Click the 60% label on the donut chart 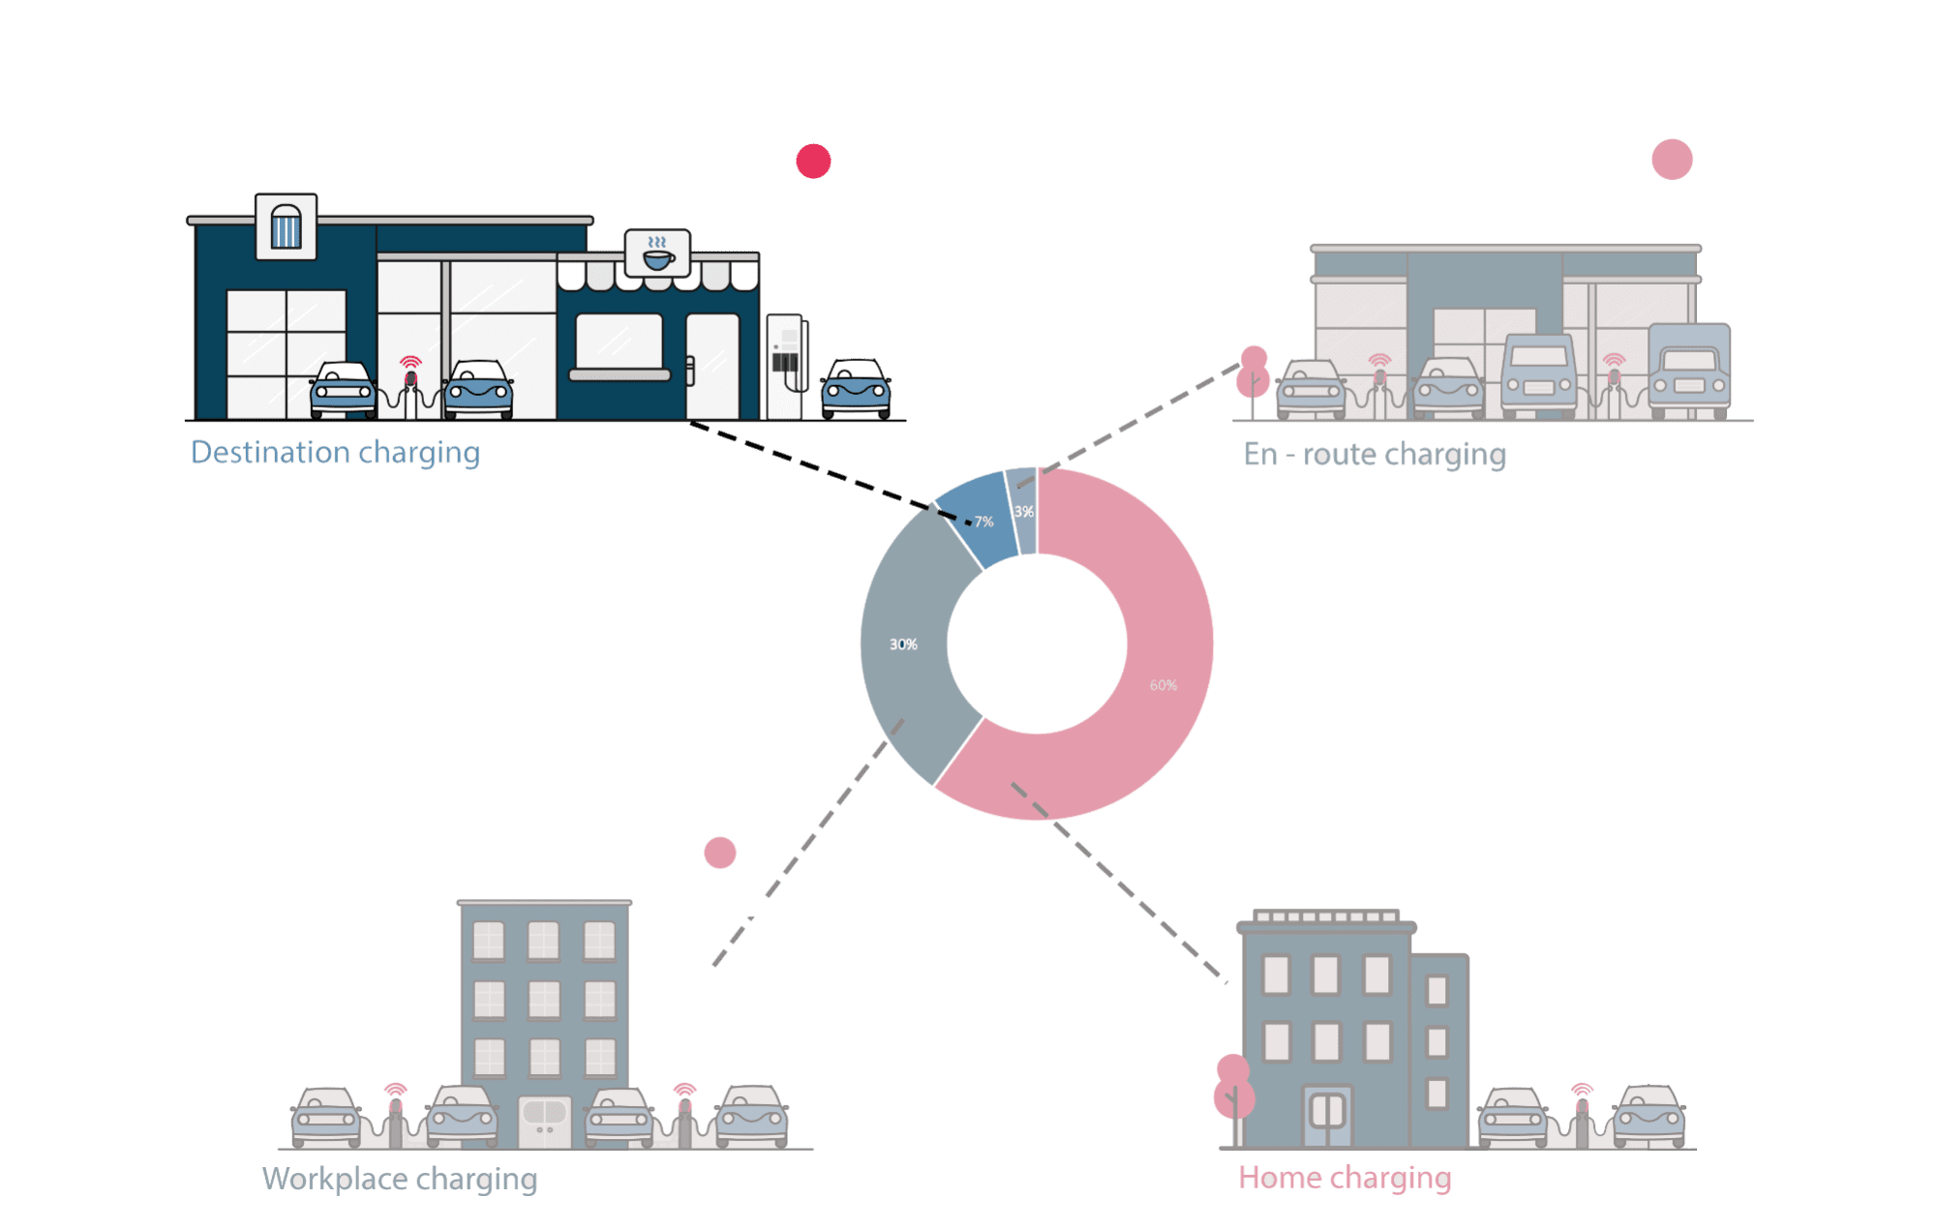tap(1163, 685)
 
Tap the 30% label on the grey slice tap(903, 644)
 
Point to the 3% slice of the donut tap(1023, 511)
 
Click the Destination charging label tap(335, 453)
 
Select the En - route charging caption tap(1374, 455)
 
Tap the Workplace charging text tap(399, 1180)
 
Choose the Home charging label tap(1345, 1178)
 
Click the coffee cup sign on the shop tap(657, 254)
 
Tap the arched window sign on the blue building tap(286, 226)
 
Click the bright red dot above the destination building tap(813, 161)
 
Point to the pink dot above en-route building tap(1672, 160)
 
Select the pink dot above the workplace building tap(719, 853)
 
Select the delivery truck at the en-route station tap(1689, 370)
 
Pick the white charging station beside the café tap(786, 365)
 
